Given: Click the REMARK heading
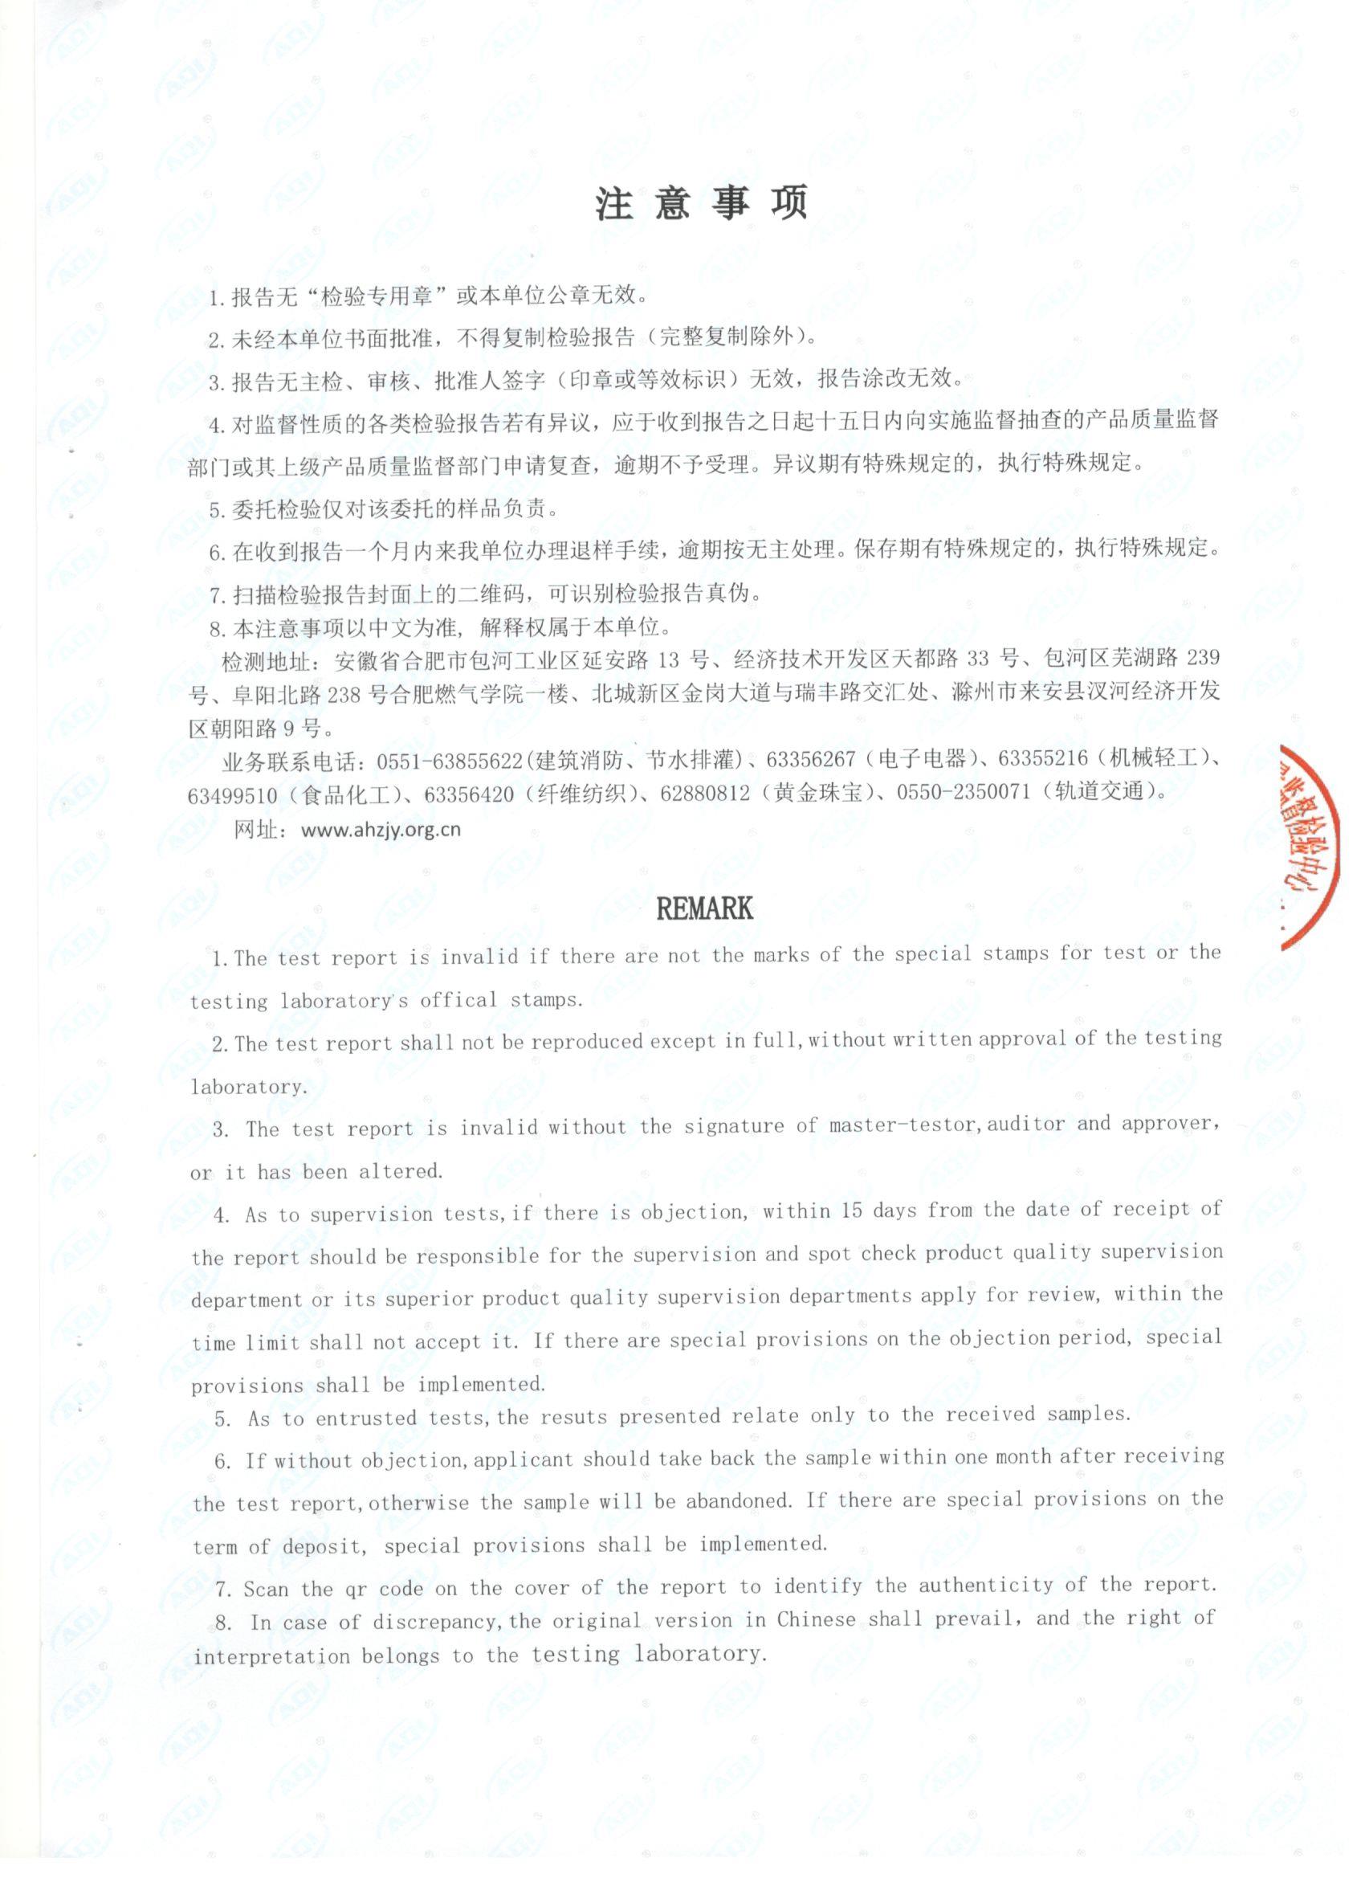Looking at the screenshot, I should point(703,908).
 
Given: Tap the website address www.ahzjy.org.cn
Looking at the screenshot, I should point(381,829).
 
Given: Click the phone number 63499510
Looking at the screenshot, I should point(233,795).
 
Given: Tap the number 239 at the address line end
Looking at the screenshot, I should point(1203,659).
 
